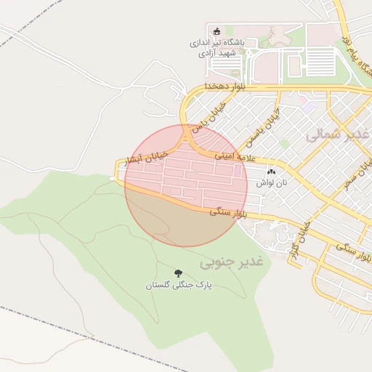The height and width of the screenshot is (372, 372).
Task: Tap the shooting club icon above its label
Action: pos(216,31)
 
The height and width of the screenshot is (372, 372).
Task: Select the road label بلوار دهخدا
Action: pos(211,86)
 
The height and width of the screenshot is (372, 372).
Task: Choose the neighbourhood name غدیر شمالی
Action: pos(337,135)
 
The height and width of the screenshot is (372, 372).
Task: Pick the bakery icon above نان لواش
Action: pos(272,172)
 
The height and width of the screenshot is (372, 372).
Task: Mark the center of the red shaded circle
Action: pos(186,185)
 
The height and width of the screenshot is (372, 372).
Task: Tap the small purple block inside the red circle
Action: pos(238,170)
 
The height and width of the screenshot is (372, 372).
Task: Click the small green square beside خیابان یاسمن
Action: pos(286,144)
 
